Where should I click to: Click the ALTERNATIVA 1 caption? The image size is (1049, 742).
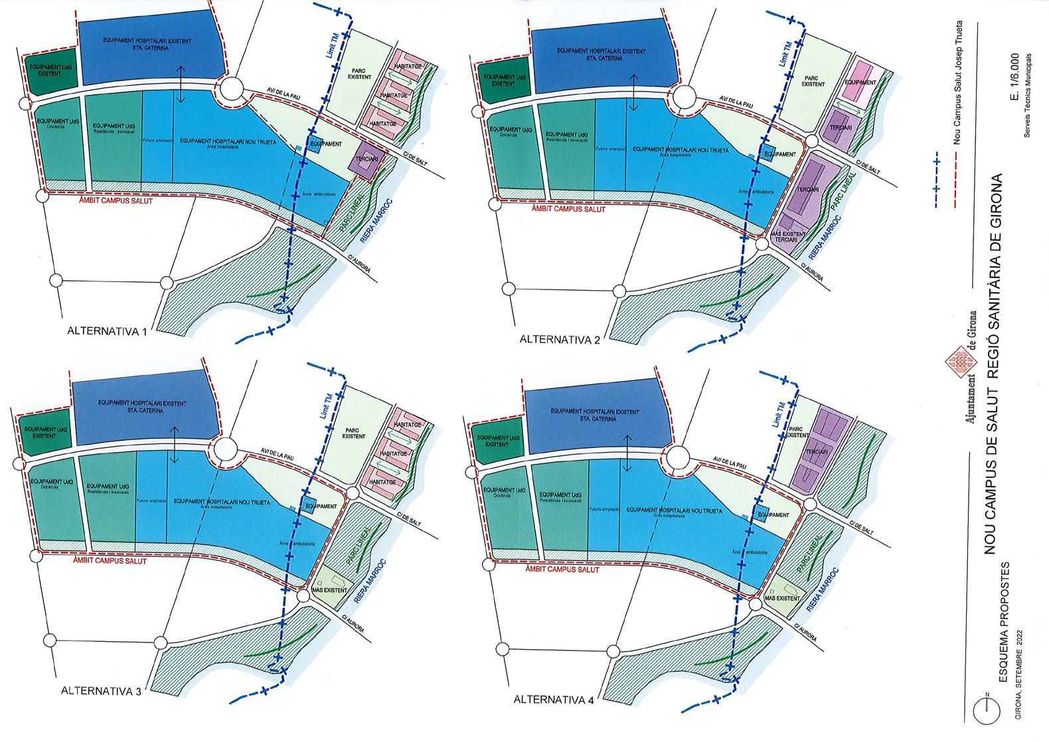[x=106, y=332]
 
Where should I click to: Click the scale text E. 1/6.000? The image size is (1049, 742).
[x=1014, y=80]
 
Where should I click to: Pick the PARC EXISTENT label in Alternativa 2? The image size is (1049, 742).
[x=812, y=80]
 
